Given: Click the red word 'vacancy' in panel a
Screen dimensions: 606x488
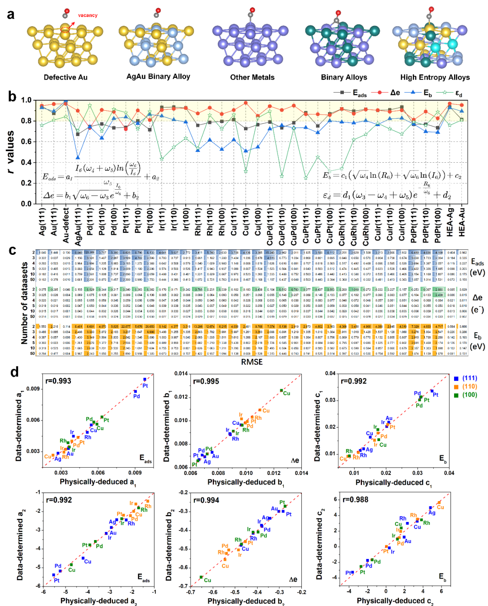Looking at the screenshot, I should (88, 15).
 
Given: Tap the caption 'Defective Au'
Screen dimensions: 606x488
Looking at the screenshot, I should (66, 77).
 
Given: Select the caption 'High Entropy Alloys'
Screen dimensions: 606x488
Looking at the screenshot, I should (435, 77).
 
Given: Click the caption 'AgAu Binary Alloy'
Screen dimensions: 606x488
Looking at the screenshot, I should (158, 76).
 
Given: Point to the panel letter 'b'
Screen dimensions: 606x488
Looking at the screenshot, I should (12, 96).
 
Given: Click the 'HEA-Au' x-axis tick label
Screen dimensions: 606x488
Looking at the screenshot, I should (462, 222).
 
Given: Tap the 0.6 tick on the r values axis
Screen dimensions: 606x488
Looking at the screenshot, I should (26, 141).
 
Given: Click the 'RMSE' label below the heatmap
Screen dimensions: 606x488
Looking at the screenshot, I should (252, 362).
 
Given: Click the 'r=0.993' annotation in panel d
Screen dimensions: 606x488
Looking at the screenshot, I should (58, 381).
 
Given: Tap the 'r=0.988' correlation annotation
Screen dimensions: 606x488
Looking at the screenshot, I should (355, 499).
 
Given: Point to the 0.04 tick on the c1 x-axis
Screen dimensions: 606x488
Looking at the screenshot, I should (449, 473).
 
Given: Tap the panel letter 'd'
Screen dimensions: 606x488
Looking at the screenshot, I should (14, 372).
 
